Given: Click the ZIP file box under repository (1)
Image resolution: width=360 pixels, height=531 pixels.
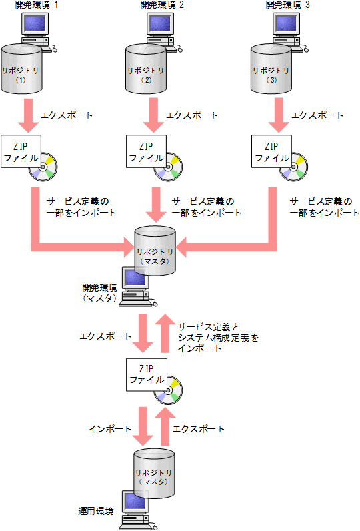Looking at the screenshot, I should pos(21,152).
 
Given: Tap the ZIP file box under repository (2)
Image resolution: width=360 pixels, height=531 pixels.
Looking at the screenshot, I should pos(145,152).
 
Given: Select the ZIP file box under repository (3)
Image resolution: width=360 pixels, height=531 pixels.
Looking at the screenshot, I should pos(271,152).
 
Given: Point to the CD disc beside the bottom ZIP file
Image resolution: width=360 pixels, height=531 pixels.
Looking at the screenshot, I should pos(169,392).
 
